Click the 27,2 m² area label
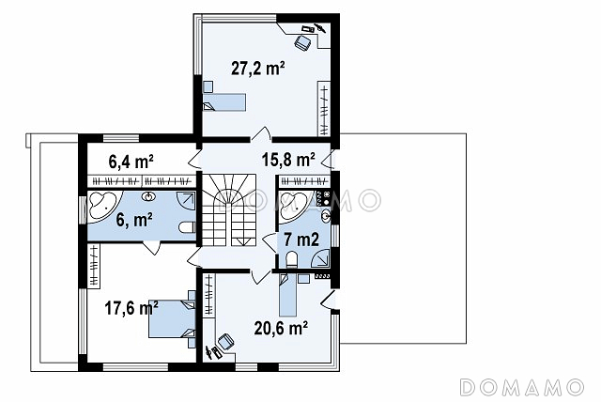(258, 69)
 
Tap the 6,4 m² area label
(131, 162)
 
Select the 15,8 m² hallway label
(288, 160)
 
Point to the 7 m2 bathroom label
(301, 240)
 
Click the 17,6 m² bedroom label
(131, 308)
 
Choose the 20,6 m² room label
(281, 328)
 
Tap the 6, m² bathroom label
(134, 221)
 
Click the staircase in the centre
(229, 210)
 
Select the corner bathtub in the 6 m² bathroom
(104, 205)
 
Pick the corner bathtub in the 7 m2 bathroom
(294, 205)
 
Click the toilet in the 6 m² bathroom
(187, 227)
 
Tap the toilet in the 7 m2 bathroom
(292, 259)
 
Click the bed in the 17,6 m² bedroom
(172, 318)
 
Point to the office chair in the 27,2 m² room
(302, 41)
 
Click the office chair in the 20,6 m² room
(225, 341)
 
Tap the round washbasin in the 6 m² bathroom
(148, 197)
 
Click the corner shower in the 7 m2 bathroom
(321, 257)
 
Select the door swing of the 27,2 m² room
(261, 133)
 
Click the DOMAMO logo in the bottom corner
(522, 387)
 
